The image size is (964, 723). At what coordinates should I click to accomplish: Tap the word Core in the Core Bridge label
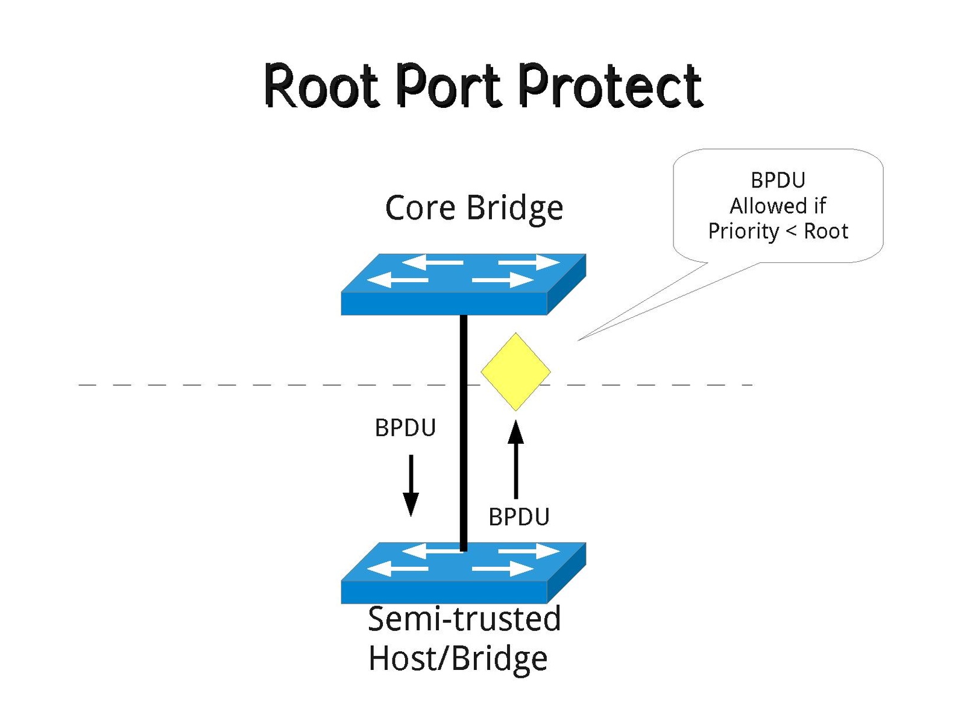click(420, 208)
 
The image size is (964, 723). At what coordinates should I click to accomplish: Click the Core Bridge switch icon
click(463, 283)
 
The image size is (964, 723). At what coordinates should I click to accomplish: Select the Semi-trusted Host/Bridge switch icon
click(463, 573)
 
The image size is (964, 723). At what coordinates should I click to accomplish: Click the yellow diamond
click(515, 371)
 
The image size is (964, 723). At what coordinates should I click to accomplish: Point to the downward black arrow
click(411, 485)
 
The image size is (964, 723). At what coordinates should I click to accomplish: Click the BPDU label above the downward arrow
click(405, 428)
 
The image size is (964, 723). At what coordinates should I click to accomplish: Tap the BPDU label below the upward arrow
click(518, 517)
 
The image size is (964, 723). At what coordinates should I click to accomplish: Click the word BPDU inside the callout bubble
click(778, 180)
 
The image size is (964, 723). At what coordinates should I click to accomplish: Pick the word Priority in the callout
click(743, 232)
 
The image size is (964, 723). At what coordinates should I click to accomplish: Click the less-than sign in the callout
click(792, 232)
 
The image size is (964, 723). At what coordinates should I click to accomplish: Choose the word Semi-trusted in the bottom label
click(464, 619)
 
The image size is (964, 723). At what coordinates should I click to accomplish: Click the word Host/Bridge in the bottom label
click(458, 658)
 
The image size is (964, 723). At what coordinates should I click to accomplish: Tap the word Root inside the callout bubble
click(826, 231)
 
